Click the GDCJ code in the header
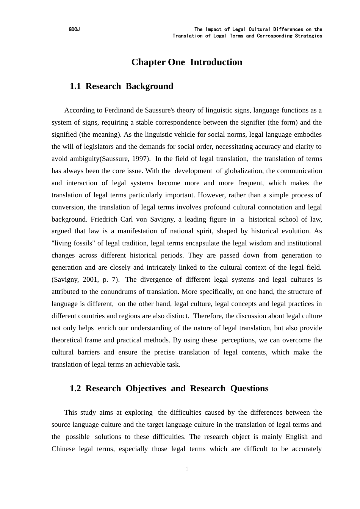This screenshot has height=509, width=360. tap(74, 30)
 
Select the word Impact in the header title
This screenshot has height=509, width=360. tap(214, 30)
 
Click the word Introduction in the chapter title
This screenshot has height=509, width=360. tap(216, 62)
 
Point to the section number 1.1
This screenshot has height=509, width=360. tap(75, 86)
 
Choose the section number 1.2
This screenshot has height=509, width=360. tap(75, 389)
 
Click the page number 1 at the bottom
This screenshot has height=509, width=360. tap(187, 469)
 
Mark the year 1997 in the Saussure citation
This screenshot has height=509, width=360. tap(140, 159)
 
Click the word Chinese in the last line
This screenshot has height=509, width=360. tap(63, 449)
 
